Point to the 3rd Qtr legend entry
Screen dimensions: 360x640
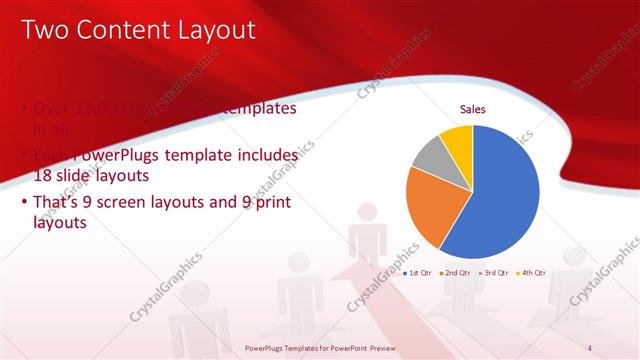[x=493, y=272]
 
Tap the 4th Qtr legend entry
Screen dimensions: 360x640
[x=532, y=272]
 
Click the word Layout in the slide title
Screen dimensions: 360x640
[x=211, y=31]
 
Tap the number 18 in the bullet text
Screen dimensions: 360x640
[x=44, y=175]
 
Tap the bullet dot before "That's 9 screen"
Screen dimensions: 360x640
[x=25, y=203]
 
